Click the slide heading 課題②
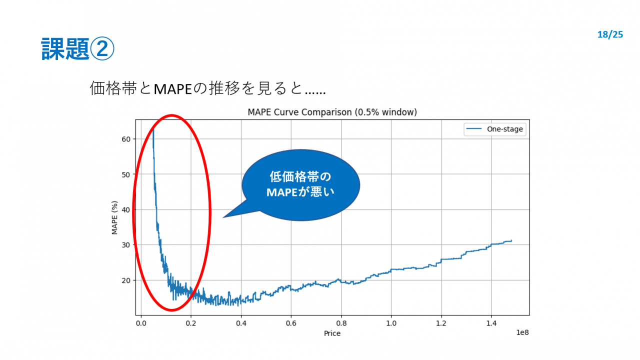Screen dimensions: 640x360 77,48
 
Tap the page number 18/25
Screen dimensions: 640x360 610,34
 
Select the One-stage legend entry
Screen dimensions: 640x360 495,129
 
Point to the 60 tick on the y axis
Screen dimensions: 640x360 126,139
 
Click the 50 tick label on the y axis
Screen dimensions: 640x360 126,174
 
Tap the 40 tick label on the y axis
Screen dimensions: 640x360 126,209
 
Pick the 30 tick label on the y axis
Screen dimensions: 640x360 126,245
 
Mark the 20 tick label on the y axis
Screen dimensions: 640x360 126,280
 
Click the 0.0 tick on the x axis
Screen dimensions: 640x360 141,323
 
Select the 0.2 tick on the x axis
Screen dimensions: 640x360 191,323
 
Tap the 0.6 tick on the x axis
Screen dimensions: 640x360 291,323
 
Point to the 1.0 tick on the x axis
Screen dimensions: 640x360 391,323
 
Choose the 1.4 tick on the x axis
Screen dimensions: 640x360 491,323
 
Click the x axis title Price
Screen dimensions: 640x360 332,333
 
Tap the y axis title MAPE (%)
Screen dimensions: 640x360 114,217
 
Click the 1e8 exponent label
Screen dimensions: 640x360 522,332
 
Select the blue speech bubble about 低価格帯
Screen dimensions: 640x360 300,185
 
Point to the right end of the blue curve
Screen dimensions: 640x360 511,241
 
